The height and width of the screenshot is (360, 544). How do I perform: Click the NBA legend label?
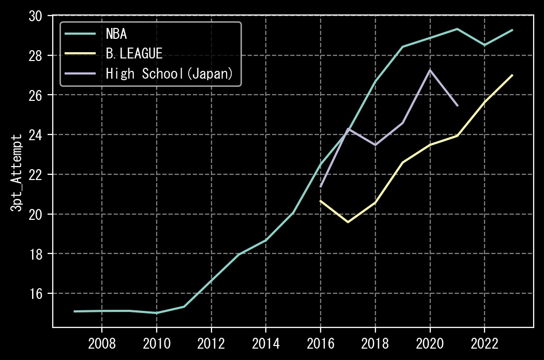tap(116, 34)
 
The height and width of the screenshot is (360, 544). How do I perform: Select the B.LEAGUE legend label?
tap(134, 53)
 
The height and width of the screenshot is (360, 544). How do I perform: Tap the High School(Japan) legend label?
tap(169, 73)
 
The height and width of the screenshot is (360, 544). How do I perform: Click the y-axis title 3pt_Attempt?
tap(16, 173)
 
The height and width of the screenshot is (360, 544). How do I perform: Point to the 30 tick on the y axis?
tap(35, 16)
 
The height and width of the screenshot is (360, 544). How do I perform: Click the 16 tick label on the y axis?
tap(35, 294)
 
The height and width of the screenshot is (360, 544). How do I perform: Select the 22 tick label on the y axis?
tap(35, 175)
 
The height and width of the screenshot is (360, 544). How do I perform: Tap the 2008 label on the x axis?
tap(102, 343)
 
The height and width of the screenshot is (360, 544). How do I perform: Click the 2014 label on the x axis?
tap(266, 343)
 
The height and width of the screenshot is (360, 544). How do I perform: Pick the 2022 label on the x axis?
tap(485, 343)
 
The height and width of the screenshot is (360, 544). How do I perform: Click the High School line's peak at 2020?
tap(430, 70)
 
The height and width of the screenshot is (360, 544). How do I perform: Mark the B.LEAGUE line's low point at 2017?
tap(348, 222)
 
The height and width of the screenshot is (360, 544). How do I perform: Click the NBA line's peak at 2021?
tap(457, 29)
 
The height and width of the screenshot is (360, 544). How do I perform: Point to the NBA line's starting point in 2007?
tap(74, 311)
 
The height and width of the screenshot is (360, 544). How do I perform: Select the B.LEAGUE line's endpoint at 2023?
tap(512, 75)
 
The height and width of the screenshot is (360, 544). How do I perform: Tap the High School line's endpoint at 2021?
tap(458, 106)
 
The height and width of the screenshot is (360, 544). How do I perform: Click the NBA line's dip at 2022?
tap(485, 45)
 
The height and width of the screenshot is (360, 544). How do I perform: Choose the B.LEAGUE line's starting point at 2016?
tap(320, 201)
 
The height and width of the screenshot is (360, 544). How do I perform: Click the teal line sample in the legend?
tap(80, 34)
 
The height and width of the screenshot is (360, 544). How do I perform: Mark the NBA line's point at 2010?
tap(157, 313)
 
